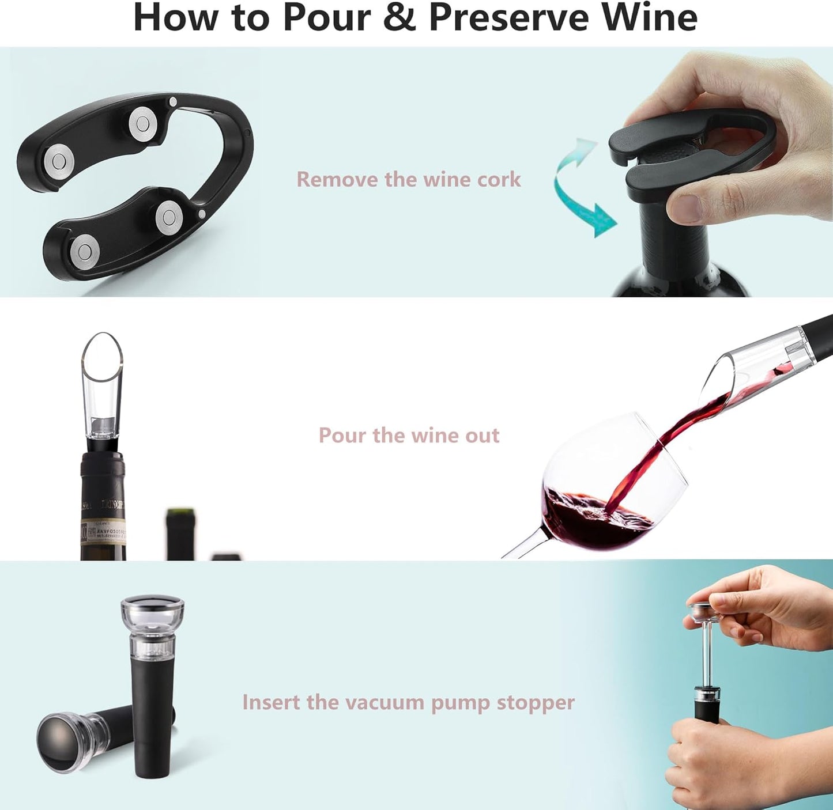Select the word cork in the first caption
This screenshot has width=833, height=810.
point(499,179)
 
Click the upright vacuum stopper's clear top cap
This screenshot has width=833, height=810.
point(152,616)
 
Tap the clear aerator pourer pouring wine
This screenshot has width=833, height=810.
point(749,360)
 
